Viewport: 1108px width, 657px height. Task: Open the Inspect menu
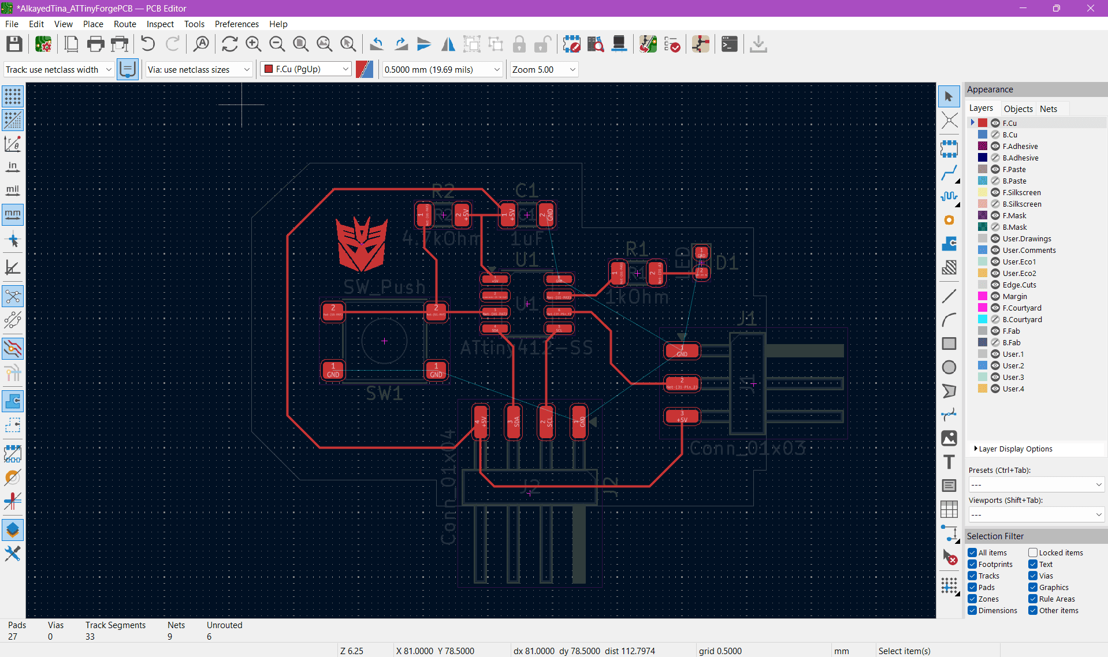click(159, 24)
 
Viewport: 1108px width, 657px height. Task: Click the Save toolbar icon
click(14, 44)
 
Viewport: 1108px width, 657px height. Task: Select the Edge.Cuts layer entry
click(1019, 285)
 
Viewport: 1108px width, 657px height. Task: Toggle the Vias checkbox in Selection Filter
click(1033, 576)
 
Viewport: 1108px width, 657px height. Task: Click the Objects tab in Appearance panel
click(1017, 109)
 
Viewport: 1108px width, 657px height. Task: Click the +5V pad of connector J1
click(682, 416)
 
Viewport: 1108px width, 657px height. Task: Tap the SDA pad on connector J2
click(513, 421)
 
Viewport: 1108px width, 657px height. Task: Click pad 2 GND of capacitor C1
click(546, 215)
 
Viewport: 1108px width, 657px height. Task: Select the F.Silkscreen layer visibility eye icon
click(995, 192)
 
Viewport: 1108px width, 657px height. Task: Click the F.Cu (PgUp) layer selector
click(306, 69)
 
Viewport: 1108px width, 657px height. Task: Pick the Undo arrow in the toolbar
click(148, 44)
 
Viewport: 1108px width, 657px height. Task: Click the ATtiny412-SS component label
click(526, 348)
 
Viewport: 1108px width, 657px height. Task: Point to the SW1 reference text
click(384, 393)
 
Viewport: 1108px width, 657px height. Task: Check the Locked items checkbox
click(1033, 553)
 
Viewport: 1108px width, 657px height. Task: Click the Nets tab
click(1048, 109)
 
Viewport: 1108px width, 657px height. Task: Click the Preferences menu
click(236, 24)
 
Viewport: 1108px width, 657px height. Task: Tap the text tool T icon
click(949, 462)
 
